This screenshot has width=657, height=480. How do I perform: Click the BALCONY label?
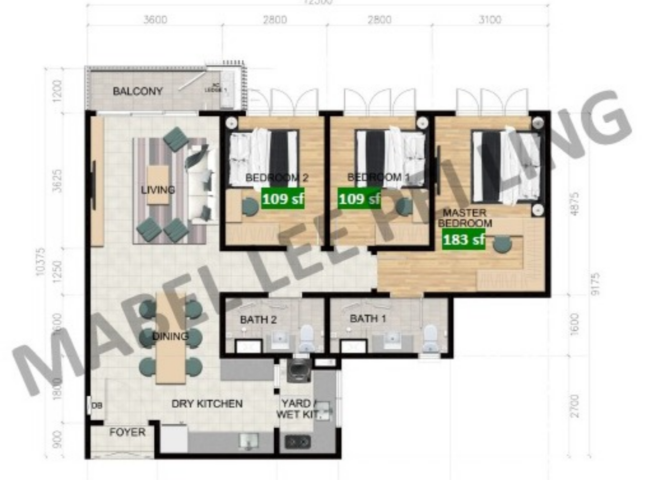pyautogui.click(x=138, y=91)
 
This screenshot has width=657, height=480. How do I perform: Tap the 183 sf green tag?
pyautogui.click(x=463, y=239)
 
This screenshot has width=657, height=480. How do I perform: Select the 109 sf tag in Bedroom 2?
pyautogui.click(x=283, y=198)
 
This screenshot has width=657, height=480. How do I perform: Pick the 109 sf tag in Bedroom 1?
pyautogui.click(x=359, y=198)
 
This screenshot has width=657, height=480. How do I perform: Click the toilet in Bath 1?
pyautogui.click(x=430, y=336)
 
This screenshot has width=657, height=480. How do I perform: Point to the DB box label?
pyautogui.click(x=97, y=406)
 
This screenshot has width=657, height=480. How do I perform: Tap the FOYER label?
pyautogui.click(x=127, y=432)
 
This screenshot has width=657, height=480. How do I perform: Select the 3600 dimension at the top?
pyautogui.click(x=155, y=20)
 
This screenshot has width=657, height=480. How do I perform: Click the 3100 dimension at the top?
pyautogui.click(x=489, y=20)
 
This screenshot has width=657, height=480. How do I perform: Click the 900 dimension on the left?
pyautogui.click(x=57, y=440)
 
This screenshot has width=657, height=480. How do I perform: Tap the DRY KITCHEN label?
pyautogui.click(x=207, y=404)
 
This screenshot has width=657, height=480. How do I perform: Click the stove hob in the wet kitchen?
pyautogui.click(x=298, y=442)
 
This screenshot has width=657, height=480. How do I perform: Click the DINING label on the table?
pyautogui.click(x=170, y=336)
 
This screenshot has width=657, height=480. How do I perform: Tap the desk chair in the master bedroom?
pyautogui.click(x=502, y=244)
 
